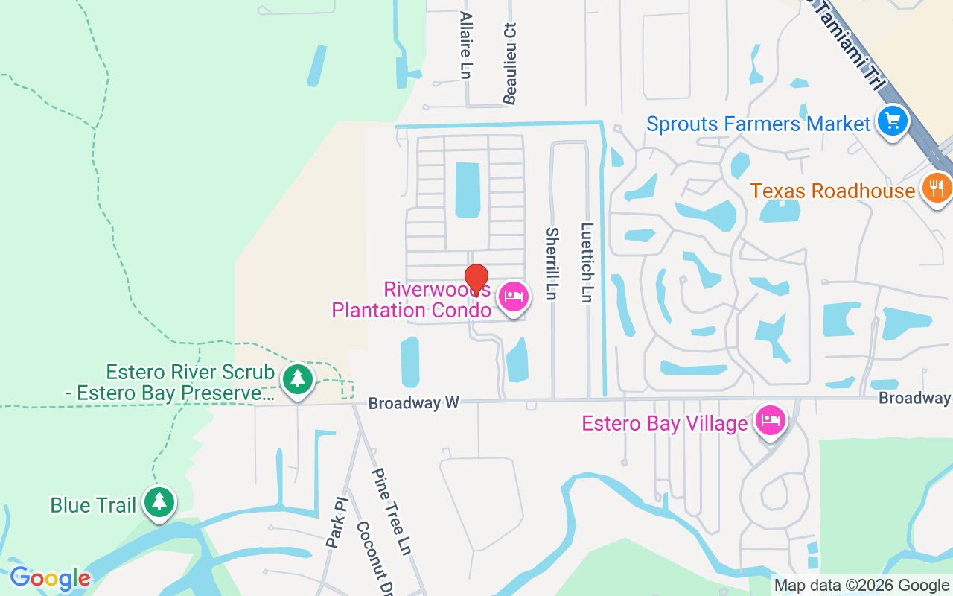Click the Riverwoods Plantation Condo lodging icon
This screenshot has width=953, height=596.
click(x=514, y=297)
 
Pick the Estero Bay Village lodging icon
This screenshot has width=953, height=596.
click(x=771, y=421)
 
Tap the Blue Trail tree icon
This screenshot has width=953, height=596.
click(x=159, y=503)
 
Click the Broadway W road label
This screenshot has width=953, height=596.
click(x=414, y=403)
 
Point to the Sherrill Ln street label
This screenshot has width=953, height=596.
click(x=552, y=264)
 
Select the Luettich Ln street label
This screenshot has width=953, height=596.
click(x=587, y=262)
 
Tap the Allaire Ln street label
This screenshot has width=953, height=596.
click(x=466, y=45)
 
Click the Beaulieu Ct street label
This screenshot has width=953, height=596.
click(x=510, y=63)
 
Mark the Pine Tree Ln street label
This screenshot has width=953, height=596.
click(x=392, y=511)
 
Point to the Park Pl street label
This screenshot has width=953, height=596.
click(x=337, y=524)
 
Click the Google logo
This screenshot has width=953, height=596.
click(x=50, y=578)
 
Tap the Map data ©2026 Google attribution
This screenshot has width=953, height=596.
click(x=861, y=586)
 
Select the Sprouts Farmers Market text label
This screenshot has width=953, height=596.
click(x=758, y=124)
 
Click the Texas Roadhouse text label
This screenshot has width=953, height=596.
click(x=832, y=191)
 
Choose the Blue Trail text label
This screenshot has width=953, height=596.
click(x=93, y=506)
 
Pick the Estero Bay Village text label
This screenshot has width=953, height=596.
click(x=664, y=424)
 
